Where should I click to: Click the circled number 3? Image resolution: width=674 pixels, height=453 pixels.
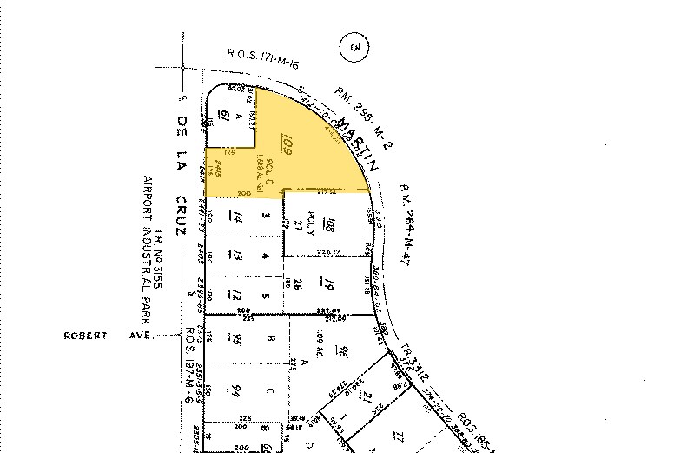click(351, 48)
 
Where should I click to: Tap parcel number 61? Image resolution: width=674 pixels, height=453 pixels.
click(223, 117)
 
